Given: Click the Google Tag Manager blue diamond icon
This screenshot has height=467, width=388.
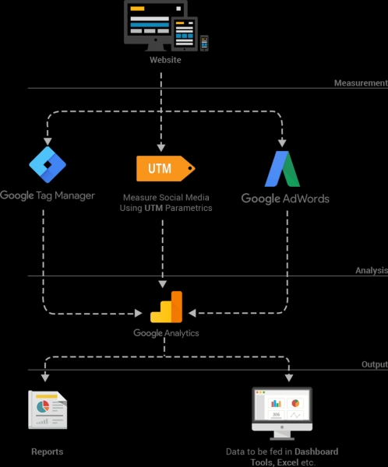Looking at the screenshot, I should tap(48, 163).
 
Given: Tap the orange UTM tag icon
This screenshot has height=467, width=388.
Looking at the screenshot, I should tap(164, 168).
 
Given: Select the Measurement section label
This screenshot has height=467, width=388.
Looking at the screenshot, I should tap(360, 83).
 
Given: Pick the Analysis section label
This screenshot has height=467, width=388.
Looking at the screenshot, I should tap(371, 271).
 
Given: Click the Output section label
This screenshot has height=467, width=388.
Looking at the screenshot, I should tap(374, 364).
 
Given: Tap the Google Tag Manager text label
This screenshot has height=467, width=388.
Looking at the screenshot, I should tap(48, 195).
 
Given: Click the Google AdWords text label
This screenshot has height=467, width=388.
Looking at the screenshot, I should tap(285, 198).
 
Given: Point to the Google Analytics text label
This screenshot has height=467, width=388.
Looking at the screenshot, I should tap(166, 333).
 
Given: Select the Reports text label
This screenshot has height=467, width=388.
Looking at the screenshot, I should tap(47, 451).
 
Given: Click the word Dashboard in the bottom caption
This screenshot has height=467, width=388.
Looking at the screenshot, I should tap(316, 451).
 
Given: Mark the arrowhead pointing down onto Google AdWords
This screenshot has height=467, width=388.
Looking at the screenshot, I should tap(282, 143).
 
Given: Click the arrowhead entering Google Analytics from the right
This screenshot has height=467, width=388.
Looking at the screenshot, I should tap(192, 314).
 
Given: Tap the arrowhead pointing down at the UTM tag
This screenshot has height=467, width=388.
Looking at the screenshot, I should tap(162, 147).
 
